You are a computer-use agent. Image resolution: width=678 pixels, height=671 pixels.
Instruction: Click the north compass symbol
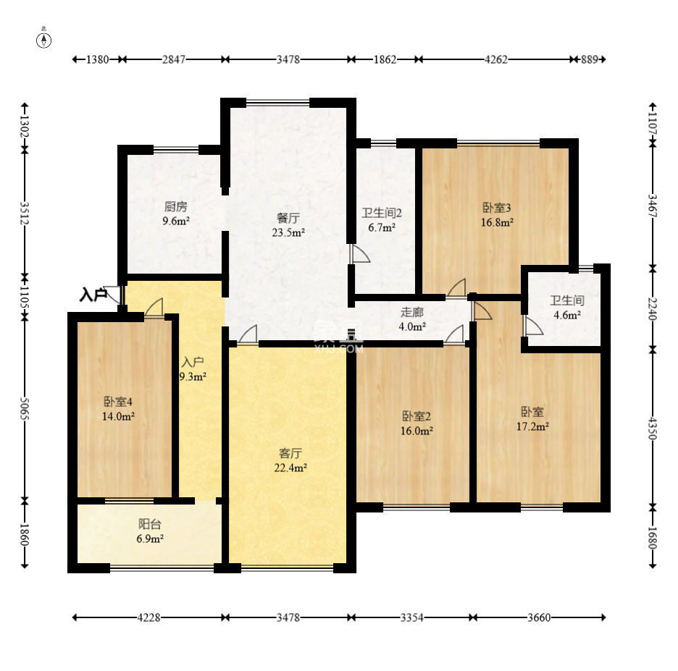click(x=43, y=39)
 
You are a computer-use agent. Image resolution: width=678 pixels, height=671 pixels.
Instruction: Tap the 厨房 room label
click(x=175, y=206)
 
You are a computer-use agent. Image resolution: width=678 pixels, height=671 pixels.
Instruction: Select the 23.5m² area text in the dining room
click(x=288, y=232)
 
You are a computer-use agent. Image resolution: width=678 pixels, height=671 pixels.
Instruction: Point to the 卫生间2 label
click(x=382, y=213)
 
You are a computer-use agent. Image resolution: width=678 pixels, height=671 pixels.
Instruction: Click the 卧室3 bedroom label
click(x=497, y=208)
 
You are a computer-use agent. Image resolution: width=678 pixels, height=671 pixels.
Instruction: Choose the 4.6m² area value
click(x=567, y=315)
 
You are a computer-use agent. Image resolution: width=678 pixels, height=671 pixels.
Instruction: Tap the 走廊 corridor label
click(x=411, y=312)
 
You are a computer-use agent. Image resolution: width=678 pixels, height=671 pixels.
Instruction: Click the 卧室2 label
click(x=417, y=416)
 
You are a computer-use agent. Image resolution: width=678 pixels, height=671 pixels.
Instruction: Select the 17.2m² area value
click(x=532, y=426)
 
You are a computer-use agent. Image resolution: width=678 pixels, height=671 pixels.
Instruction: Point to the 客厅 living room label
click(x=290, y=453)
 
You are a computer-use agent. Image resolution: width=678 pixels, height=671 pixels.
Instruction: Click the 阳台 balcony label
click(x=150, y=524)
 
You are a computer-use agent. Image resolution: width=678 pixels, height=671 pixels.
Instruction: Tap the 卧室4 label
click(x=118, y=402)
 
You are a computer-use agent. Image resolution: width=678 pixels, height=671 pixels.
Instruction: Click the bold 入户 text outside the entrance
click(x=93, y=295)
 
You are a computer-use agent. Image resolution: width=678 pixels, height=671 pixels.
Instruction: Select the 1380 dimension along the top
click(x=97, y=59)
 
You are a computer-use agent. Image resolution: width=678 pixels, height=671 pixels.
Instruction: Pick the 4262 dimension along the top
click(x=496, y=59)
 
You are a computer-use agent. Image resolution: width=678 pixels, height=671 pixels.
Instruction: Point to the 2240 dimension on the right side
click(x=653, y=309)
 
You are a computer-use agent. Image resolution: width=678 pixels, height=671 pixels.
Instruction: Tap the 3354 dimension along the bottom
click(x=411, y=617)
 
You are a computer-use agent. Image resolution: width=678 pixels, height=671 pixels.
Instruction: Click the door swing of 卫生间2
click(x=361, y=254)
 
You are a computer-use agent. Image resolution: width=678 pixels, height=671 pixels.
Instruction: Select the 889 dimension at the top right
click(x=590, y=59)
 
